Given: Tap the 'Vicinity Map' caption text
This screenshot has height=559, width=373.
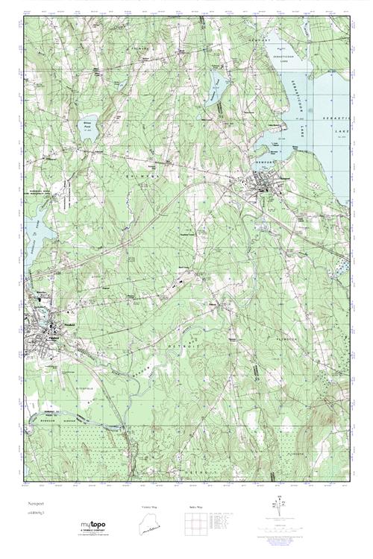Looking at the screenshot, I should pyautogui.click(x=150, y=508).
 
